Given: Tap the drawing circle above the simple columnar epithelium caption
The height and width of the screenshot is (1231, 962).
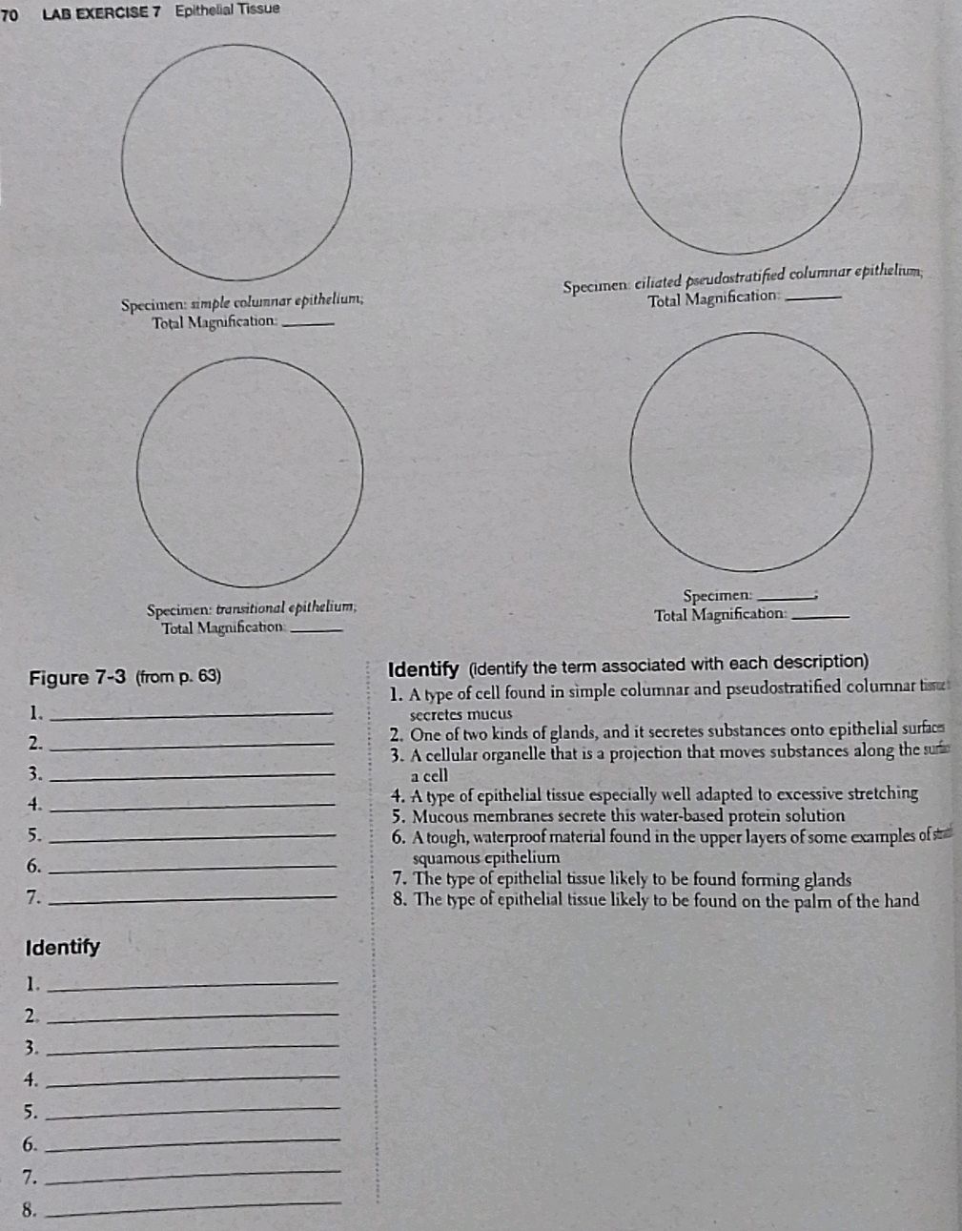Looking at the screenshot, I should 236,171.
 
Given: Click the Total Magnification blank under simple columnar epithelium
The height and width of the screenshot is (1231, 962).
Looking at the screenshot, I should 311,322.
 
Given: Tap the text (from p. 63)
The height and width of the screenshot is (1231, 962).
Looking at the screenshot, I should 178,678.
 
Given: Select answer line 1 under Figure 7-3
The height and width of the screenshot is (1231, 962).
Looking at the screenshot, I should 191,711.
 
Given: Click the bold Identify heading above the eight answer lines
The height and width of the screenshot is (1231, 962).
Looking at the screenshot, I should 63,948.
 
